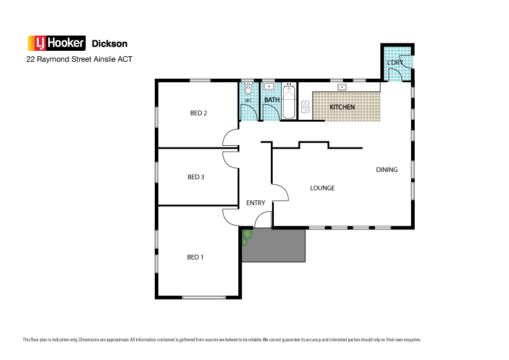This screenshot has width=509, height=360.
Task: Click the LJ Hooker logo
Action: (57, 44)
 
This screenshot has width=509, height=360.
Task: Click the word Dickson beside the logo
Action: (109, 44)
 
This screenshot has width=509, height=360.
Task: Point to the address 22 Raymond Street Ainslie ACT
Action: (79, 60)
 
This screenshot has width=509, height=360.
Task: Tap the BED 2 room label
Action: (198, 113)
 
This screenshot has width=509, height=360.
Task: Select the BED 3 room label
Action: (196, 177)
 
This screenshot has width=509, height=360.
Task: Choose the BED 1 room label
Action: (195, 257)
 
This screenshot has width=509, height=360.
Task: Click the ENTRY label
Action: (256, 203)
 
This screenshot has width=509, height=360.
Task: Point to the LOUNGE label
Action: (322, 188)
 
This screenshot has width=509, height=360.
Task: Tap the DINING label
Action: (387, 169)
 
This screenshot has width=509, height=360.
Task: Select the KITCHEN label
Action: (342, 107)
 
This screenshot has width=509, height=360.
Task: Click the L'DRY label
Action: (395, 63)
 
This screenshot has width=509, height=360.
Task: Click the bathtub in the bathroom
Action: (289, 102)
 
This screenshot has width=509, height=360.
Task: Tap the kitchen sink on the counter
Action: (342, 88)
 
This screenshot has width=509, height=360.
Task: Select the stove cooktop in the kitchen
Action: (305, 107)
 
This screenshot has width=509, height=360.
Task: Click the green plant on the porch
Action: (246, 237)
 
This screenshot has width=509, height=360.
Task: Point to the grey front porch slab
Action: (278, 246)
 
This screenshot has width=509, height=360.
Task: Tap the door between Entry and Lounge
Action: (280, 192)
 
